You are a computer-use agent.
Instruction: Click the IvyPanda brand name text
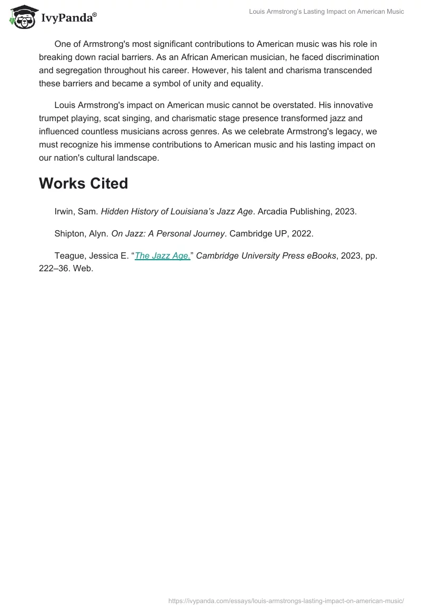coord(68,17)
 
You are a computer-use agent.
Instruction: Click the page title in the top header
coord(326,12)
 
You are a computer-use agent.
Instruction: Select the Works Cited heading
coord(83,183)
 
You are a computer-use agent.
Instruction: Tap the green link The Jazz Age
coord(163,256)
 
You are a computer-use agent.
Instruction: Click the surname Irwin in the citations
coord(65,212)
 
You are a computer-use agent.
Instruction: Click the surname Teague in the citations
coord(69,256)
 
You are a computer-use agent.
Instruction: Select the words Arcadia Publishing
coord(294,212)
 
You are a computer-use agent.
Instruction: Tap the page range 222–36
coord(55,268)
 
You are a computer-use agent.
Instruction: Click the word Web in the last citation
coord(84,268)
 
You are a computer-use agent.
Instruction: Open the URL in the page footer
coord(286,600)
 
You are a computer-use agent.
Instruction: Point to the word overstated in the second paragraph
coord(284,105)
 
